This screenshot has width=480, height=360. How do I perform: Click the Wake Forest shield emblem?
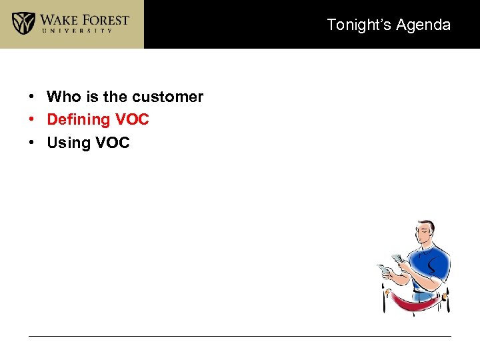(x=23, y=23)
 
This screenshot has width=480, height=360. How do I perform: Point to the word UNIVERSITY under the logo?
(x=85, y=31)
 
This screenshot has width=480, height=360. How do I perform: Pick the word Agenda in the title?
(x=423, y=25)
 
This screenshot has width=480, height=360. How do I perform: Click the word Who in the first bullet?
(x=63, y=97)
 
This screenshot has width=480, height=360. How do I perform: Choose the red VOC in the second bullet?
(x=131, y=120)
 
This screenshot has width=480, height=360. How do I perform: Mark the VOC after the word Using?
(x=112, y=143)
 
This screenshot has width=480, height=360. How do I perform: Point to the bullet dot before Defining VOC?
(x=32, y=120)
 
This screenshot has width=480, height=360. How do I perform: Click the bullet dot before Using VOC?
(x=32, y=143)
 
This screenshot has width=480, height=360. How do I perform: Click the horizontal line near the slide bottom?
(x=240, y=336)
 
